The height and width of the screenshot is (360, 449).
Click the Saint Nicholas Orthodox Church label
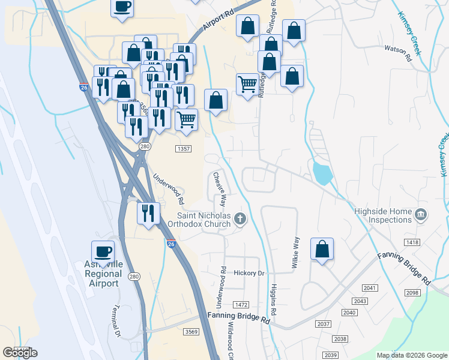coord(203,220)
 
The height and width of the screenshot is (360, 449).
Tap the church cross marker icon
coord(241,218)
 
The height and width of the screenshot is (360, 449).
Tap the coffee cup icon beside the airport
coord(102,251)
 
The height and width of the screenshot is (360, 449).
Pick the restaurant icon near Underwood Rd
coord(147,213)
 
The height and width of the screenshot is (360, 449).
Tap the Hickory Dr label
coord(249,273)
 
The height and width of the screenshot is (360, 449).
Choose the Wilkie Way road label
coord(295,251)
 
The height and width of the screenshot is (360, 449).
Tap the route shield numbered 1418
coord(412,242)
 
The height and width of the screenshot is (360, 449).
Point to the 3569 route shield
coord(191,332)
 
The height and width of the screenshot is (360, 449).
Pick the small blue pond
coord(322,173)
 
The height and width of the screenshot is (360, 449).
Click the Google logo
coord(20,353)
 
